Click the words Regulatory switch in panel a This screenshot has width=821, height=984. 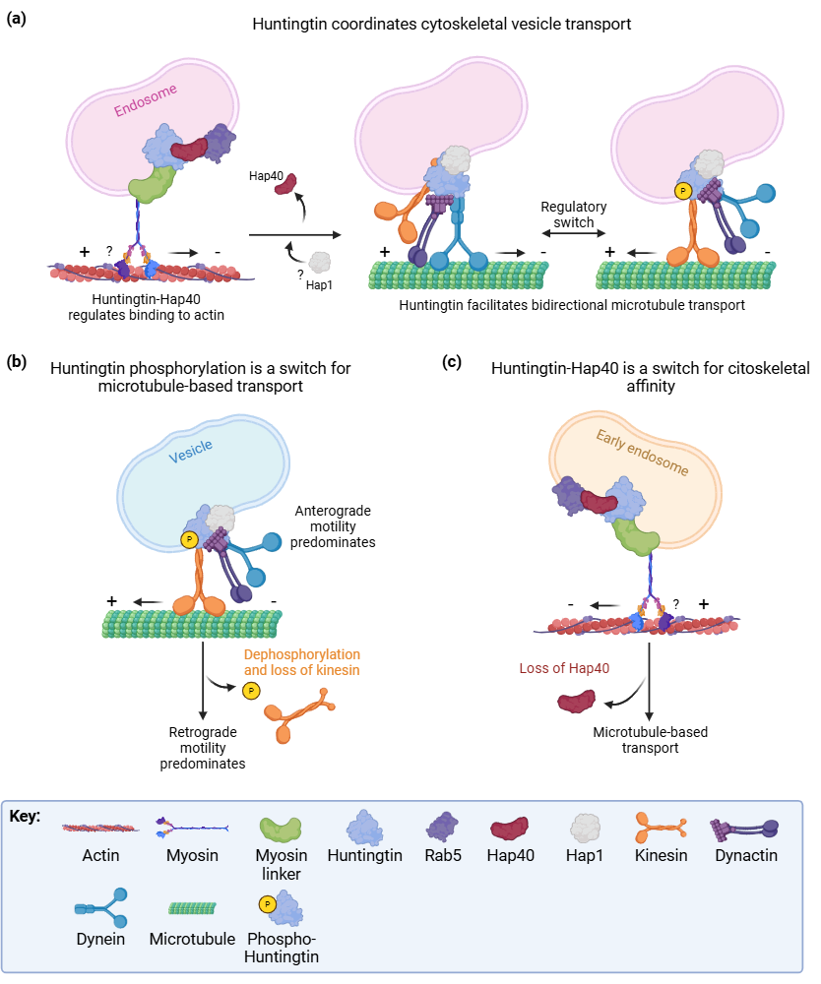pos(574,215)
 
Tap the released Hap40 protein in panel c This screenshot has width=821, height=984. pos(576,702)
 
